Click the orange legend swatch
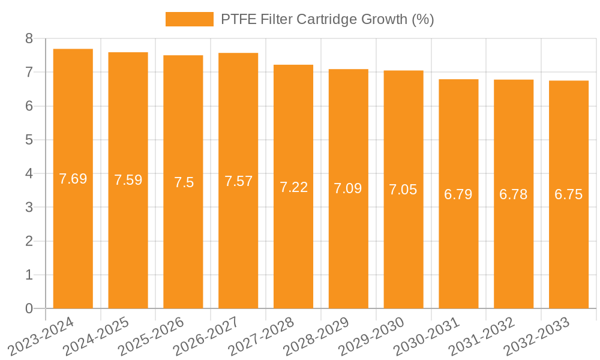pyautogui.click(x=189, y=19)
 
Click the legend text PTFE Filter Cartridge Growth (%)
pyautogui.click(x=327, y=19)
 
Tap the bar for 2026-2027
pyautogui.click(x=238, y=181)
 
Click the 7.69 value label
pyautogui.click(x=73, y=179)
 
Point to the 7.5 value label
pyautogui.click(x=184, y=182)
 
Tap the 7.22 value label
pyautogui.click(x=293, y=187)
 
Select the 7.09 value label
pyautogui.click(x=349, y=189)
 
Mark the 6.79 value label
pyautogui.click(x=458, y=194)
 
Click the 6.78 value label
pyautogui.click(x=514, y=194)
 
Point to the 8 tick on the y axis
pyautogui.click(x=29, y=38)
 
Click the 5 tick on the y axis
pyautogui.click(x=29, y=140)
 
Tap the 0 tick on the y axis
pyautogui.click(x=29, y=308)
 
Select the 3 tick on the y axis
pyautogui.click(x=29, y=208)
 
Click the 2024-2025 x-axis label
pyautogui.click(x=96, y=337)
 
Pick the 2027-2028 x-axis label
pyautogui.click(x=261, y=337)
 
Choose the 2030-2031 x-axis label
pyautogui.click(x=426, y=337)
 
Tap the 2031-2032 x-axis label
pyautogui.click(x=481, y=337)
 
